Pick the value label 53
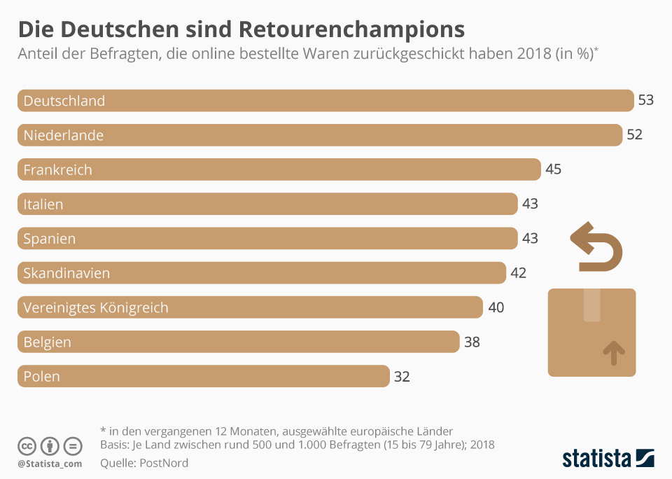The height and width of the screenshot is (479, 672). point(645,100)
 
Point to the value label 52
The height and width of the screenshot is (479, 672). point(634,134)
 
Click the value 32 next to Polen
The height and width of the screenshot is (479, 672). point(401,376)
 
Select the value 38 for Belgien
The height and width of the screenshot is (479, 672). point(471,342)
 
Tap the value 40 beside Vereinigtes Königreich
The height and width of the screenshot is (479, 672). point(496,307)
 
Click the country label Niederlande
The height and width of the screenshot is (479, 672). point(63,135)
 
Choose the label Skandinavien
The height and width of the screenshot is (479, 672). point(66,273)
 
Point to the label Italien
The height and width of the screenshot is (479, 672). point(43,204)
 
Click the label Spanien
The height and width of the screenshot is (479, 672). point(49,239)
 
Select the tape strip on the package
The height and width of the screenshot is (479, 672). point(591,305)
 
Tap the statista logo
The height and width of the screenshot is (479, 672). point(608,459)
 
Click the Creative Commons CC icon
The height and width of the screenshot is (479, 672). point(27,446)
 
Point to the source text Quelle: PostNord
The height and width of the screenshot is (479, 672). point(144,463)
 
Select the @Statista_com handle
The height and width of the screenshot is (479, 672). point(50,464)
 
